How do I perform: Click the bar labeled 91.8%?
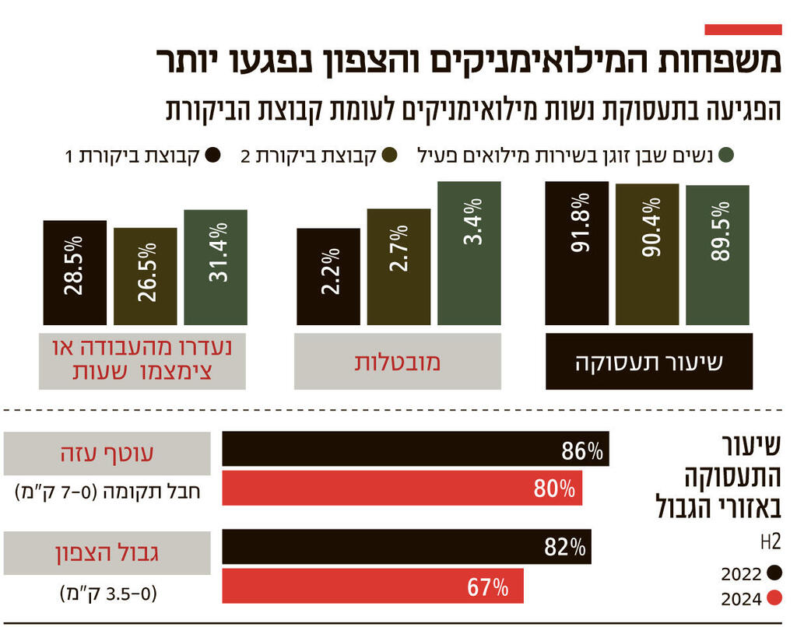[577, 253]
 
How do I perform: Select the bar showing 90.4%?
[647, 254]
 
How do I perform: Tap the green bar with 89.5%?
[717, 255]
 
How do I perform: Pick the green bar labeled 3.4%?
[469, 253]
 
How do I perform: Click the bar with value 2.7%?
[398, 267]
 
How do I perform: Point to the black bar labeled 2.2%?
[328, 276]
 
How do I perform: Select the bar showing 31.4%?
[216, 268]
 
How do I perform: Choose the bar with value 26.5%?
[145, 276]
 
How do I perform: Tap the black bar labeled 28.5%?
[75, 272]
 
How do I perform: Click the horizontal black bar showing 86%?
[416, 450]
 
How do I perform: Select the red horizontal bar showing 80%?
[402, 489]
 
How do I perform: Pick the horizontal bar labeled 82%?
[406, 547]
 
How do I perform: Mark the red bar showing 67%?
[373, 586]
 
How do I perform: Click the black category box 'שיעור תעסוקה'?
[649, 362]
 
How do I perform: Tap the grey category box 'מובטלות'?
[397, 362]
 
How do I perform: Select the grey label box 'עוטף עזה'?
[107, 453]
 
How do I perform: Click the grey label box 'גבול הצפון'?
[107, 552]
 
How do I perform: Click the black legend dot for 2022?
[774, 573]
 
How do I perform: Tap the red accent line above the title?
[743, 30]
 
